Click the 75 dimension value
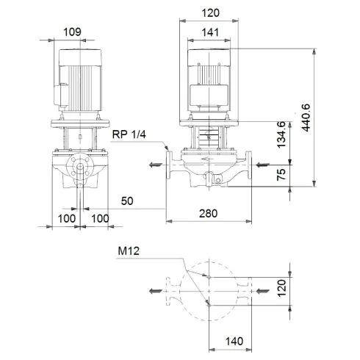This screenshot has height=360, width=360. (281, 174)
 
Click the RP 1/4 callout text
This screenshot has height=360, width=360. (130, 134)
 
